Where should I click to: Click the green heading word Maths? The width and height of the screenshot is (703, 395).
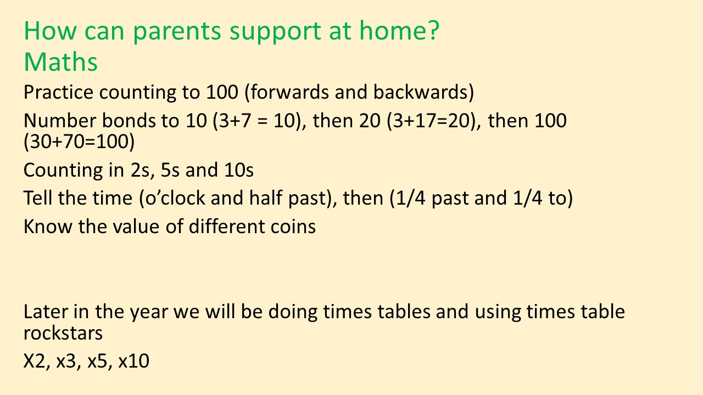coord(60,62)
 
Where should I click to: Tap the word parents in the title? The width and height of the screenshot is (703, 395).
coord(177,32)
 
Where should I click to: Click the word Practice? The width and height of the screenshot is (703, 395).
coord(58,92)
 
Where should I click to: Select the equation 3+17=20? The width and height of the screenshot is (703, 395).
coord(431,121)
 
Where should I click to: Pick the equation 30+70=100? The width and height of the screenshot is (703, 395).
coord(79,142)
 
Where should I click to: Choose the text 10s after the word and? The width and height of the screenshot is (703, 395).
coord(239,170)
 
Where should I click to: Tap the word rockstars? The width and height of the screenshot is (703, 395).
coord(63,333)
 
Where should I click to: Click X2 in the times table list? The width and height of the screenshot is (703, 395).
coord(35,361)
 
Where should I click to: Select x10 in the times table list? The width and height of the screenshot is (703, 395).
coord(133,361)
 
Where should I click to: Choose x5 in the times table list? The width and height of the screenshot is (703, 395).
coord(97,361)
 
